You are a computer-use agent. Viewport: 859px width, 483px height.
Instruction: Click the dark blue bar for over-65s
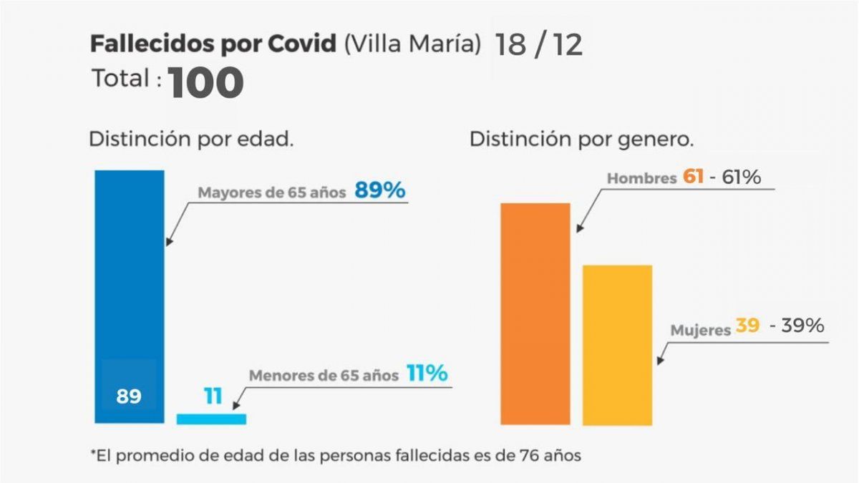tap(130, 286)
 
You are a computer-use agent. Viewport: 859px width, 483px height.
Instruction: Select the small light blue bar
tap(211, 419)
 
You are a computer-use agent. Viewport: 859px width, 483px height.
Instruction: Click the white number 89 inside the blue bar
tap(129, 396)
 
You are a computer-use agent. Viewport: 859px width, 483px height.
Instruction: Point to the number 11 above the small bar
tap(213, 396)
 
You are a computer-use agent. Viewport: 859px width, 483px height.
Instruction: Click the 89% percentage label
tap(380, 191)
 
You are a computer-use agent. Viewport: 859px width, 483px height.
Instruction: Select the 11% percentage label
tap(427, 373)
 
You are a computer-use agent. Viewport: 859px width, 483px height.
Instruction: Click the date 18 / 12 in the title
tap(538, 44)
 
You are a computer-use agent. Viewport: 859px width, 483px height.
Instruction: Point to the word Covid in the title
tap(302, 44)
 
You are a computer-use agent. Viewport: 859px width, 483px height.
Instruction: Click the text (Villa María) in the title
tap(412, 44)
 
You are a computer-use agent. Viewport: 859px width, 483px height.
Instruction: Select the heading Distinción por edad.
tap(191, 140)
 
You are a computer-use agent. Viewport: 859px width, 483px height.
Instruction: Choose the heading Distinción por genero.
tap(581, 140)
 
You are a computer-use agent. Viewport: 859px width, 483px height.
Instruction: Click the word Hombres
tap(641, 178)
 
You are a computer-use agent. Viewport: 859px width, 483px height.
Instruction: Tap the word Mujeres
tap(701, 331)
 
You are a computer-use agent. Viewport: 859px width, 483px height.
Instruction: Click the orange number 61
tap(694, 177)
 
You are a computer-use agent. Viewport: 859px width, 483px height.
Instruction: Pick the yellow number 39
tap(747, 326)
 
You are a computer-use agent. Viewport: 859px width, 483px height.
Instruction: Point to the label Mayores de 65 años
tap(272, 192)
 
